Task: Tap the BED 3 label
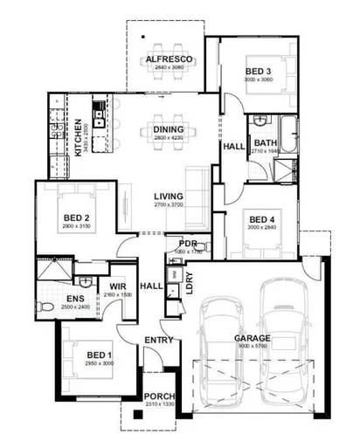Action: pos(257,71)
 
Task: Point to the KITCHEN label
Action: pos(78,137)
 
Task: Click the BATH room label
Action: pos(265,143)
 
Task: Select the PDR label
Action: pos(188,243)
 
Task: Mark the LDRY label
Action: pos(190,286)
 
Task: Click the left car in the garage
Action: pos(218,349)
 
